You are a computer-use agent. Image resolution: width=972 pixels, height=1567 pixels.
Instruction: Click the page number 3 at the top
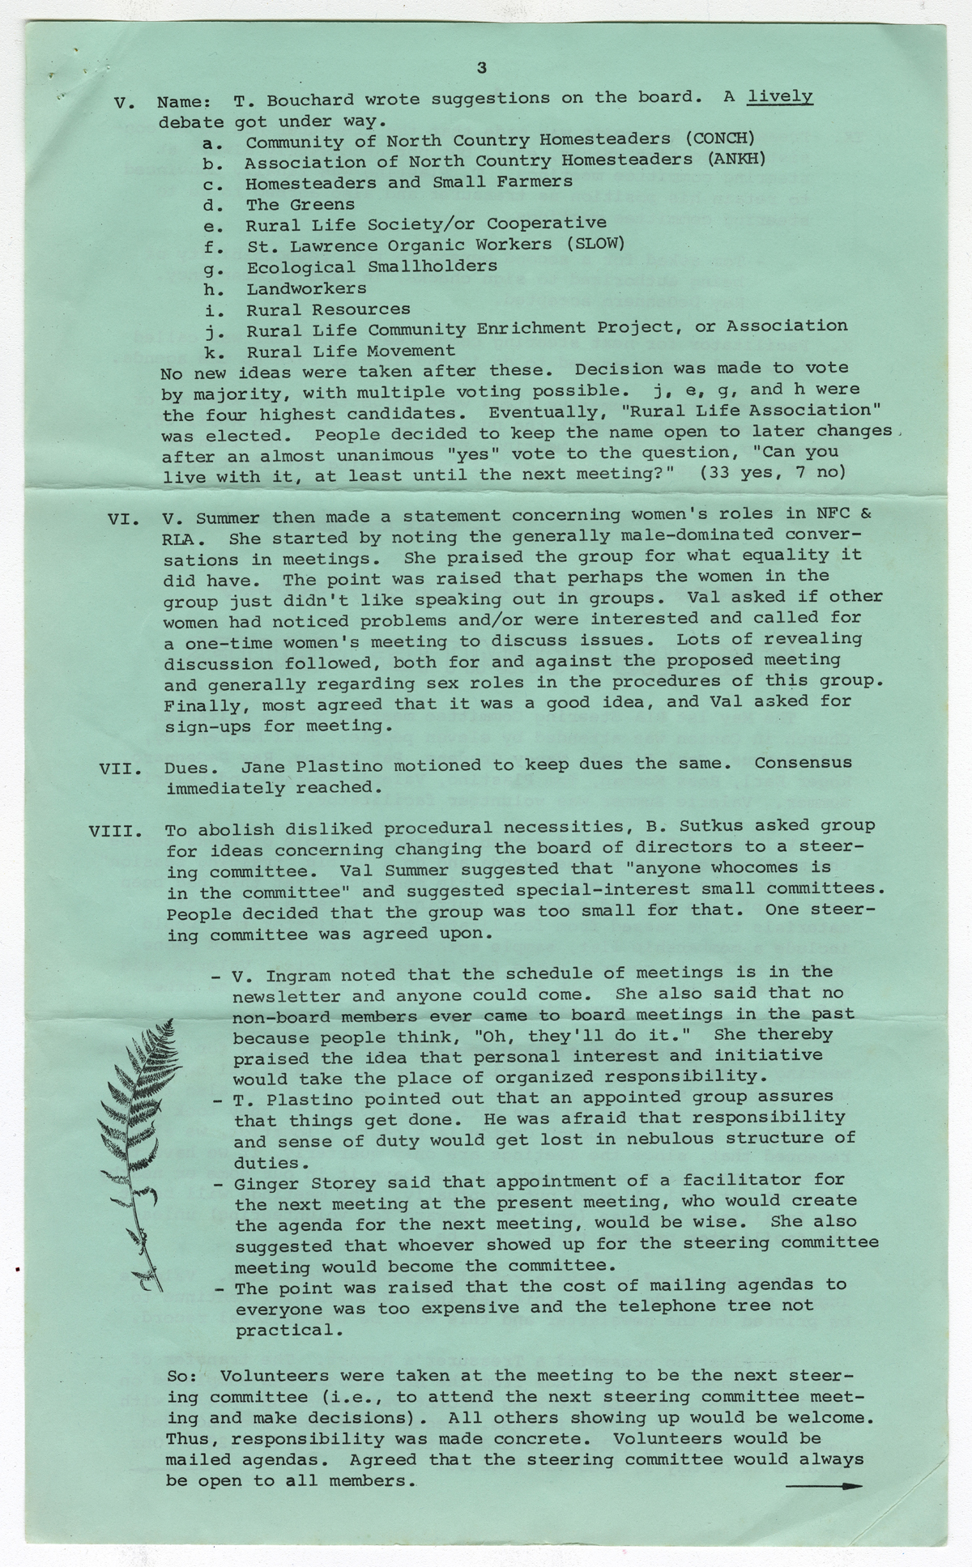(482, 68)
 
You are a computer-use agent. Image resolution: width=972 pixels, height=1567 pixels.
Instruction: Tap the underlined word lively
(780, 98)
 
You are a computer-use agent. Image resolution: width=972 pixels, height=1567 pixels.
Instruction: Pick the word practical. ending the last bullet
(284, 1330)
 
